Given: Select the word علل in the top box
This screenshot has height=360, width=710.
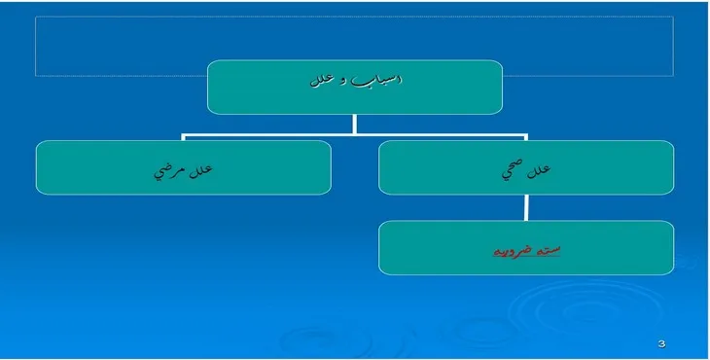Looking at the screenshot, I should coord(320,80).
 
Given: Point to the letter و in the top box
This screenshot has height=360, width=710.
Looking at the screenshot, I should coord(343,81).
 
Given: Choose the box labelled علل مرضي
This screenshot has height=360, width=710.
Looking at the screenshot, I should coord(183,167).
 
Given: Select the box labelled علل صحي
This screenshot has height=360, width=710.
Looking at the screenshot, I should coord(526,167).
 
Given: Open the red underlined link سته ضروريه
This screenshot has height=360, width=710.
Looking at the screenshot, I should coord(526,250).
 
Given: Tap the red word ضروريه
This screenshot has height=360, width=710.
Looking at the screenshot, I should coord(511,250).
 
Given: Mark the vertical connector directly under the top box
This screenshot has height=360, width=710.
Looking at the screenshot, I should coord(355,124).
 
